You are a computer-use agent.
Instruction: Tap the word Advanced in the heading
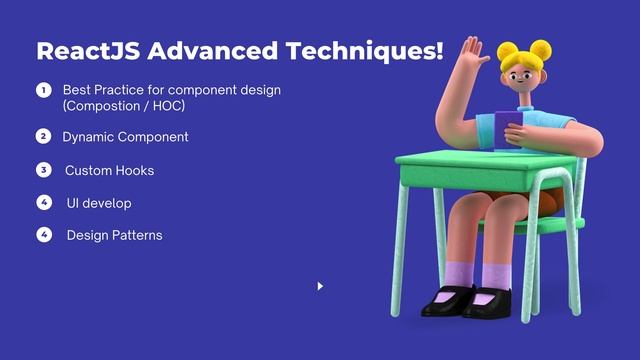(204, 51)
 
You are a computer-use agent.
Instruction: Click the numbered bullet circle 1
(43, 90)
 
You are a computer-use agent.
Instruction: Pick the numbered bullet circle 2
(43, 136)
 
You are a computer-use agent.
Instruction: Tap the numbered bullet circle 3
(43, 169)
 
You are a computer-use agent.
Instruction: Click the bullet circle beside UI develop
(43, 202)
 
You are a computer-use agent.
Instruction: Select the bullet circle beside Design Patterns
(43, 235)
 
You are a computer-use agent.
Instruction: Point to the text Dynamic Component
(125, 136)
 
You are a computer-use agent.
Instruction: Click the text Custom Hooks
(110, 170)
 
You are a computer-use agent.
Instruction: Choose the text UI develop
(99, 203)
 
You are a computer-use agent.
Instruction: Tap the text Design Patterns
(114, 235)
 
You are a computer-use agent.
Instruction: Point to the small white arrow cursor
(320, 286)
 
